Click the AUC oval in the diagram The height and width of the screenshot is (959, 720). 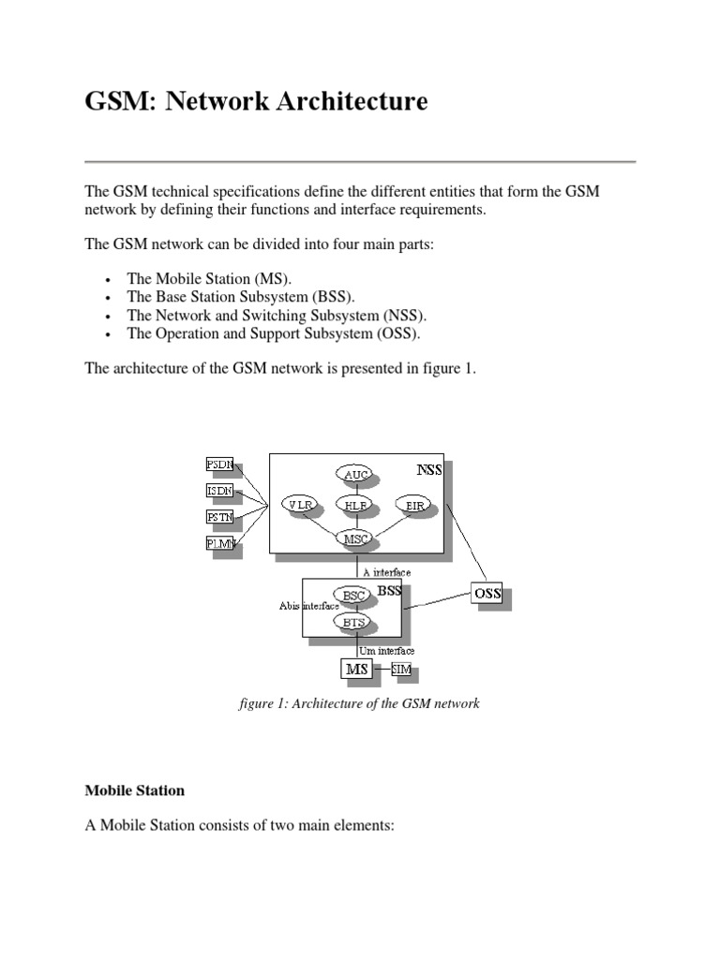pyautogui.click(x=356, y=475)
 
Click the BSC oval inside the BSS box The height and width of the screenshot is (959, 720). pyautogui.click(x=354, y=595)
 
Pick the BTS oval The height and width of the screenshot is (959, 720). pyautogui.click(x=354, y=622)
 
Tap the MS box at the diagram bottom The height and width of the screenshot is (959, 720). pyautogui.click(x=356, y=669)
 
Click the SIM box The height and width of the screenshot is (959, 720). pyautogui.click(x=401, y=669)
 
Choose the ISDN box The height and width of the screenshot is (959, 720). pyautogui.click(x=218, y=490)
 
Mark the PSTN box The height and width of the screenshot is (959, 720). pyautogui.click(x=219, y=515)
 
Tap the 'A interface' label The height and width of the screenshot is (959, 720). pyautogui.click(x=386, y=571)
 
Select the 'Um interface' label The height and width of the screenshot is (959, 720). pyautogui.click(x=386, y=649)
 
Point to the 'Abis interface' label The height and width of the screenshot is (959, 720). pyautogui.click(x=308, y=606)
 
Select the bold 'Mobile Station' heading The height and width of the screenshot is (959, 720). pyautogui.click(x=134, y=790)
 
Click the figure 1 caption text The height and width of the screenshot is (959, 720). pyautogui.click(x=359, y=702)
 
